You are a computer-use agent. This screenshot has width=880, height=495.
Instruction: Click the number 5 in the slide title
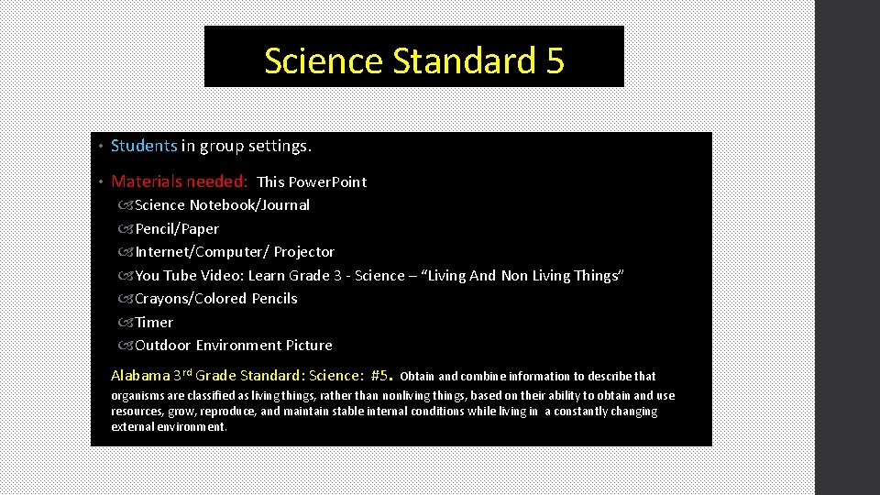pos(554,61)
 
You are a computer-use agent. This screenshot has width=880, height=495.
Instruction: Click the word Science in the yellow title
pos(323,61)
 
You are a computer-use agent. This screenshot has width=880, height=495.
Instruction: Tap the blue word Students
pos(144,146)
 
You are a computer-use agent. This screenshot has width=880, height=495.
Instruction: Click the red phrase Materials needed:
pos(180,181)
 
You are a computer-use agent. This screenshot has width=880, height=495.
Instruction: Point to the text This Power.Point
pos(312,182)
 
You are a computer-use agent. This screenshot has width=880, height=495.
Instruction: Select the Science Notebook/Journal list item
pos(222,205)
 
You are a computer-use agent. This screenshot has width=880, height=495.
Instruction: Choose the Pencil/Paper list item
pos(177,229)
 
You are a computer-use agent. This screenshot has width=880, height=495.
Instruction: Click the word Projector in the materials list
pos(304,252)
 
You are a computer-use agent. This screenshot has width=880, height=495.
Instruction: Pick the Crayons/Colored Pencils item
pos(216,299)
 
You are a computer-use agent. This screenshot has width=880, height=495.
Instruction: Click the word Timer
pos(154,323)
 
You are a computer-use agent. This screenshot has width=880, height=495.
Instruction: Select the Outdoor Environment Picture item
pos(234,346)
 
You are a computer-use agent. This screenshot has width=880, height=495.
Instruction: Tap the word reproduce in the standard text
pos(230,412)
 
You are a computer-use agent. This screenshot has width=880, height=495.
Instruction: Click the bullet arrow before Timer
pos(126,323)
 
